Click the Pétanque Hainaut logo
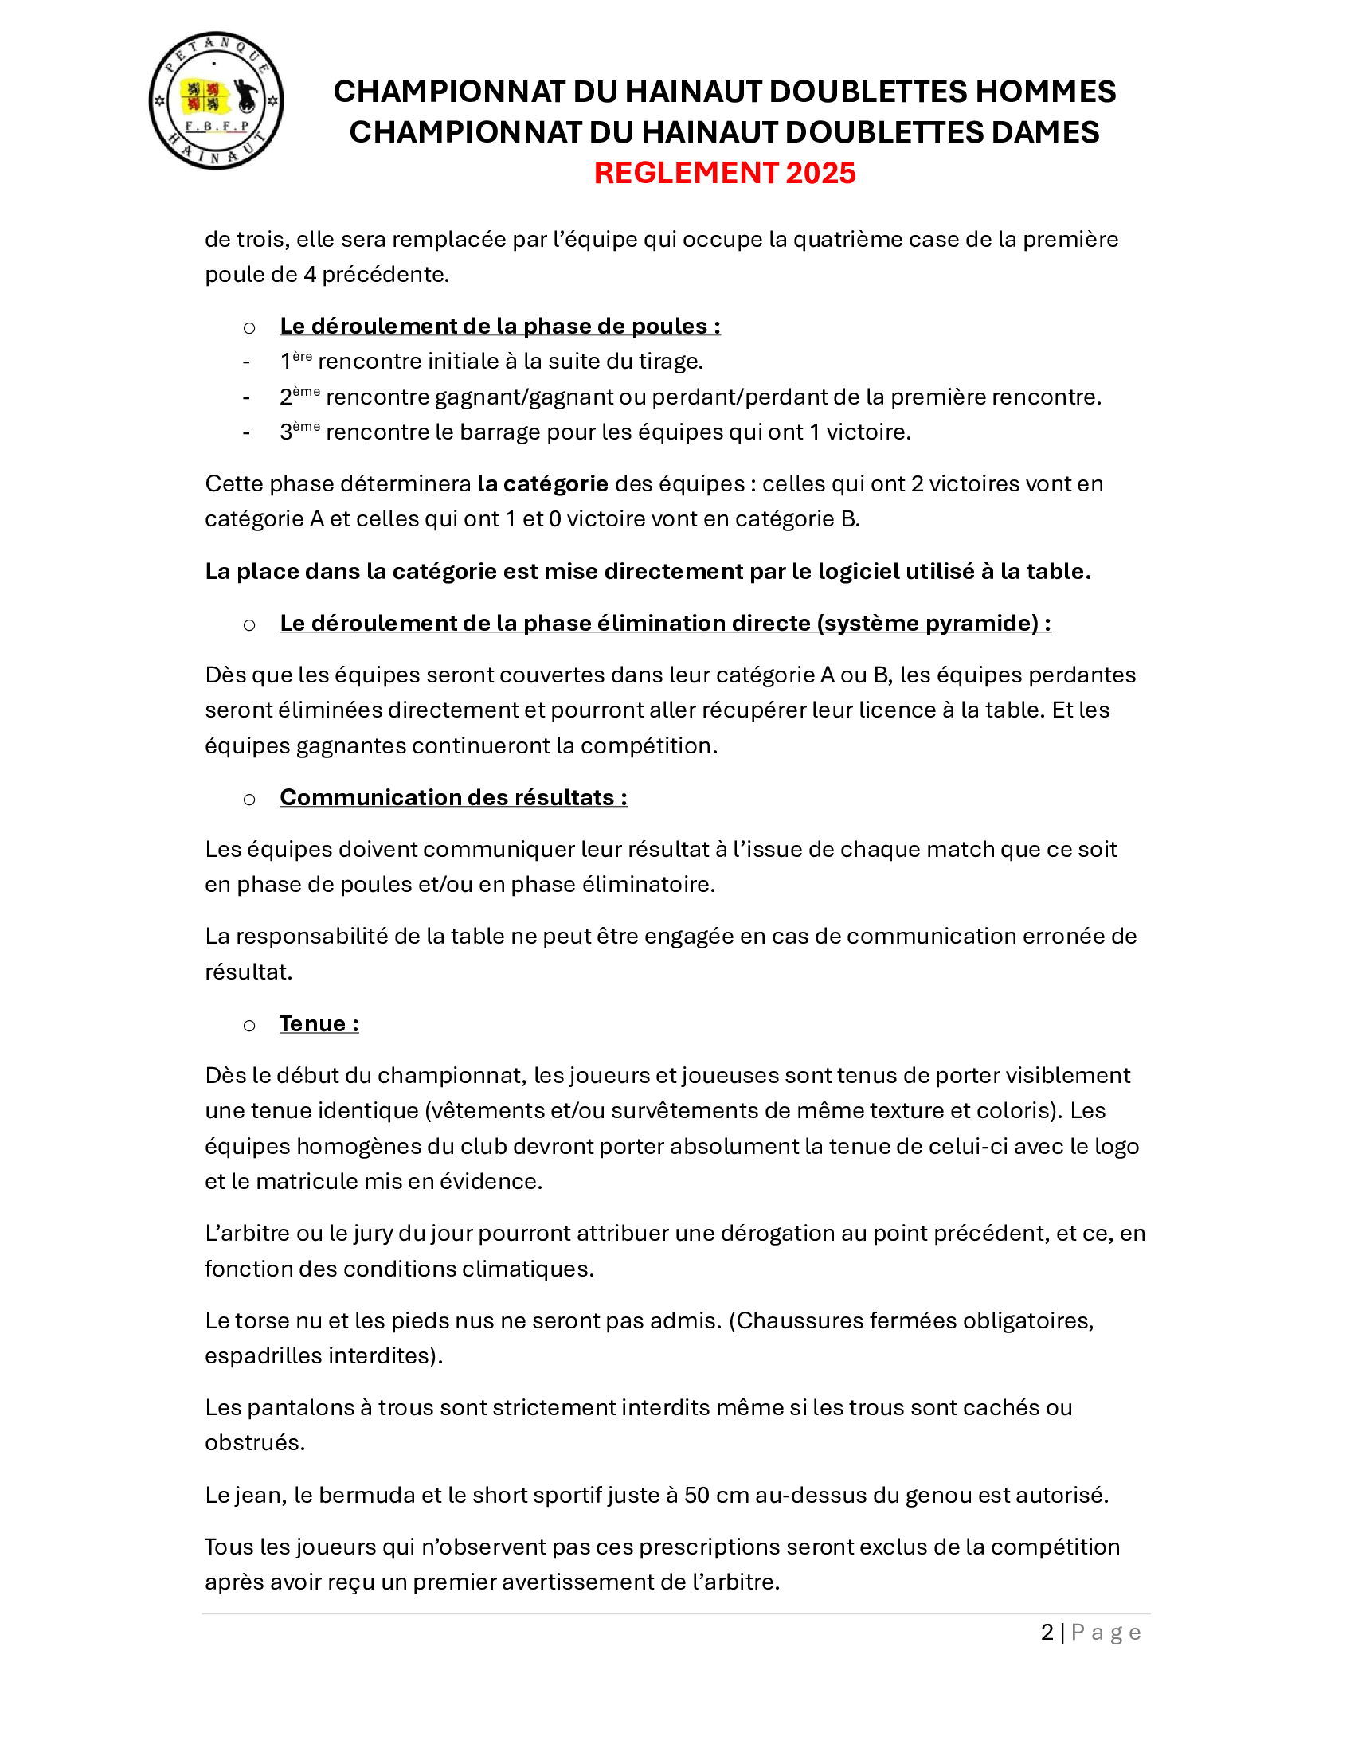pos(216,101)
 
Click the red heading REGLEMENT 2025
pos(724,174)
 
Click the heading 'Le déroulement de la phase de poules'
pos(499,327)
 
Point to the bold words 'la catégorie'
pos(542,483)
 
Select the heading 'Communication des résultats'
pos(452,797)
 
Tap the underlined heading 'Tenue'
pos(319,1024)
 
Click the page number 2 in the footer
pos(1047,1633)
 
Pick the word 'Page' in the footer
pos(1106,1633)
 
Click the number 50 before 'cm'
pos(696,1496)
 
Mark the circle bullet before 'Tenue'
pos(249,1025)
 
